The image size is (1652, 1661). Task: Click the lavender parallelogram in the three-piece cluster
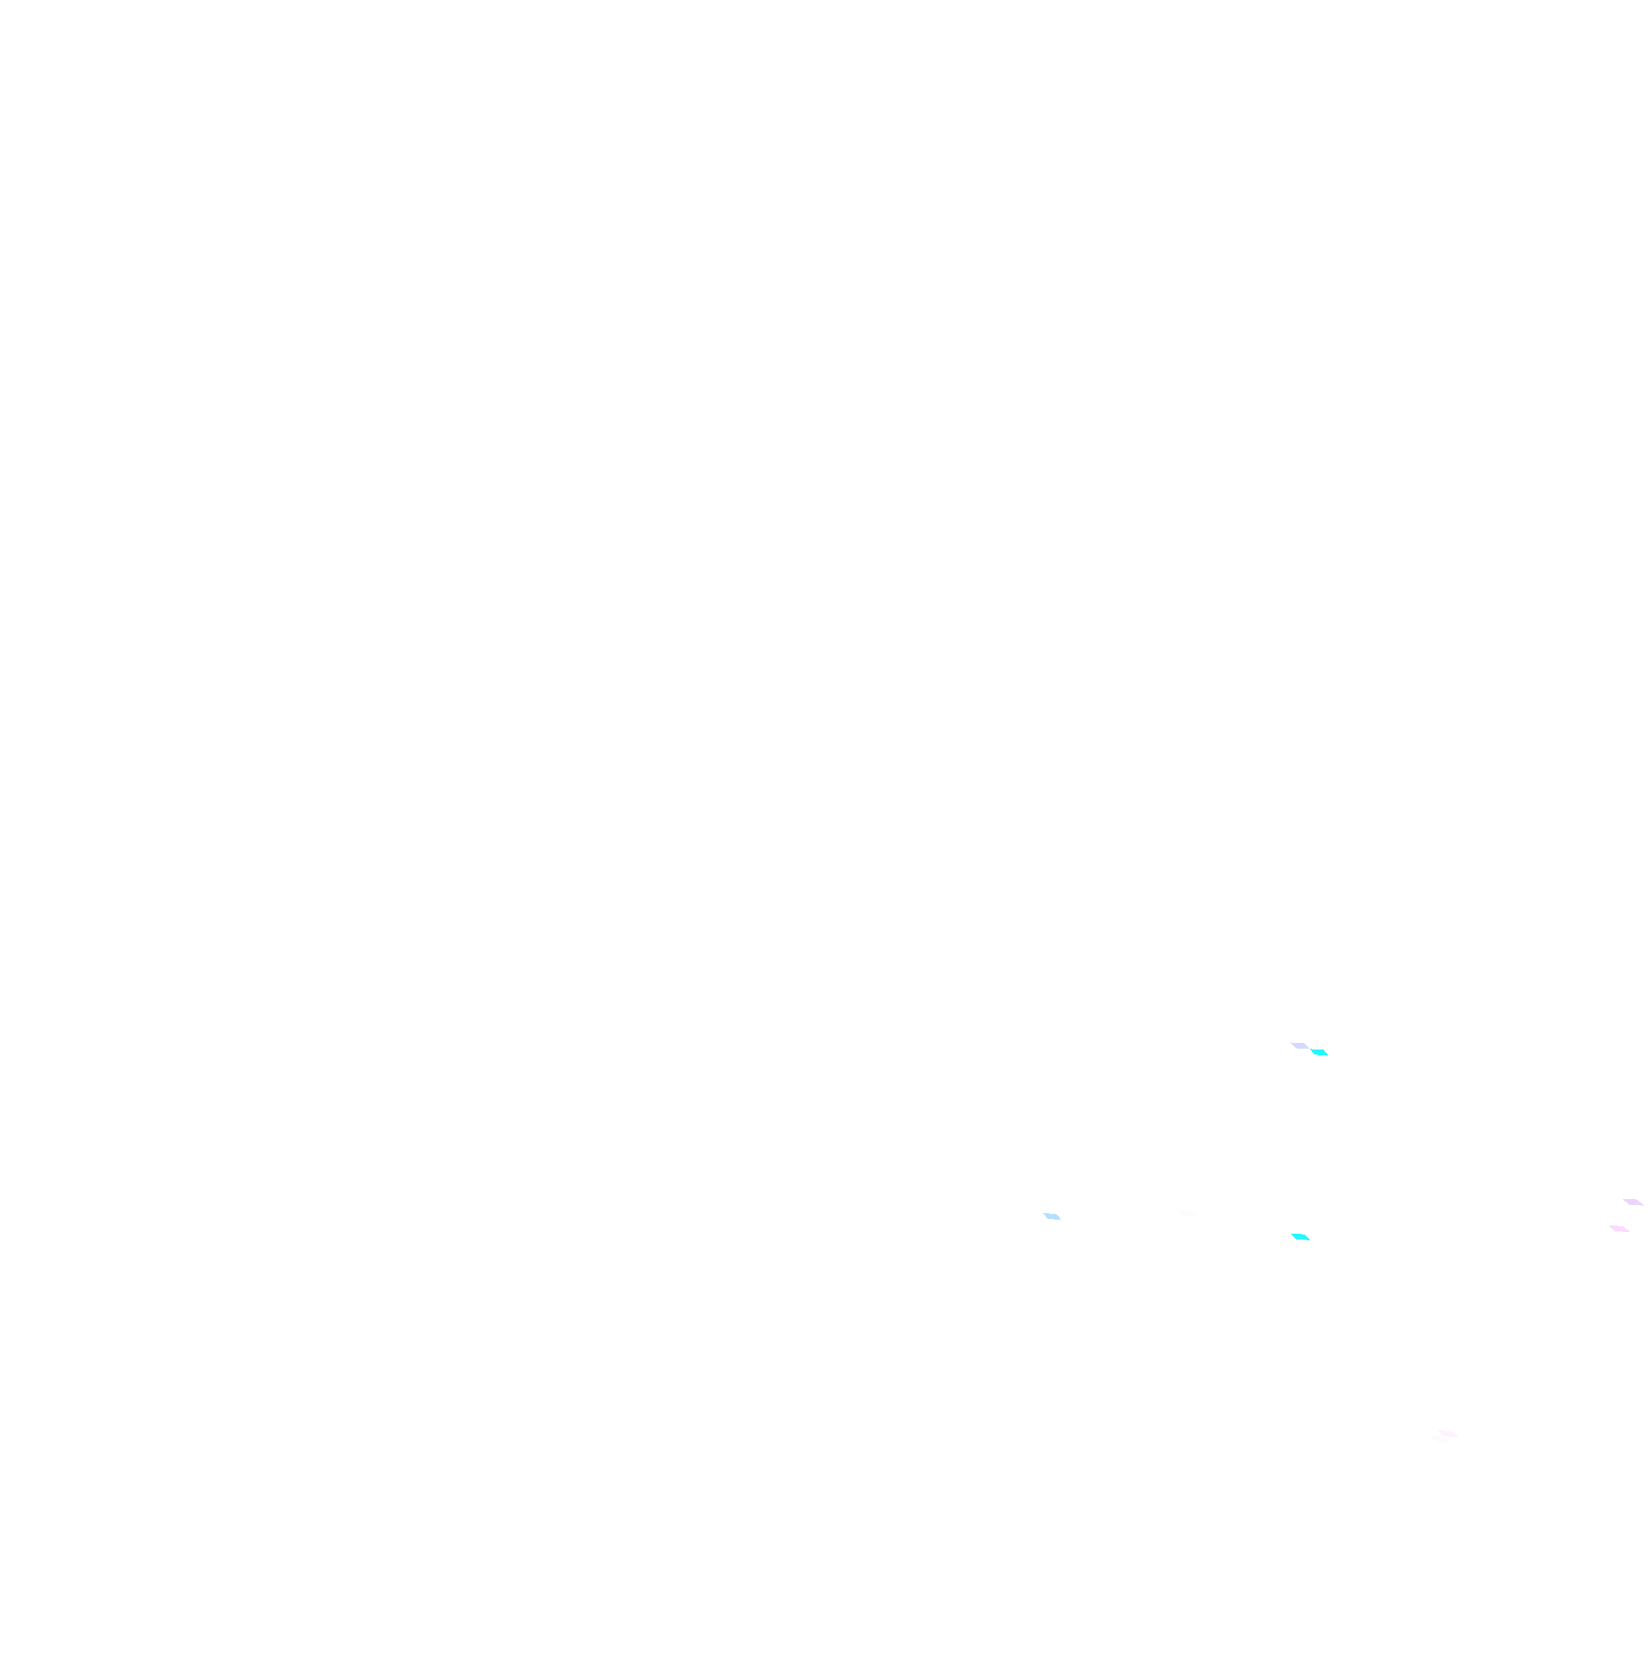click(1299, 1045)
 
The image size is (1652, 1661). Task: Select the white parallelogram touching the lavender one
click(1308, 1040)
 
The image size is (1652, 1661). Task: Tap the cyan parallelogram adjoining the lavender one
click(1319, 1052)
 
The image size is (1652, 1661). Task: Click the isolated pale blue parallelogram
click(1052, 1216)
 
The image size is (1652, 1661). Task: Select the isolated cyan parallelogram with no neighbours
click(1300, 1237)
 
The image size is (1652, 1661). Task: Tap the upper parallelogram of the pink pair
click(1633, 1202)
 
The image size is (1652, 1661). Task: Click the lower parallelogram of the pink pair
click(1619, 1229)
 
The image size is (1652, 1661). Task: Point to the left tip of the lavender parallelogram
click(1290, 1044)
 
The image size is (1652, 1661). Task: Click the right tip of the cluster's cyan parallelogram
click(1329, 1055)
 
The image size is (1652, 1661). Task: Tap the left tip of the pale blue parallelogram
click(1042, 1214)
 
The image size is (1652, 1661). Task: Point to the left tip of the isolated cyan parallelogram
click(1290, 1235)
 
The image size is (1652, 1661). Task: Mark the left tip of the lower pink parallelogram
click(1609, 1226)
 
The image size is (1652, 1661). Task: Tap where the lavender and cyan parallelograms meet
click(1310, 1049)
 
